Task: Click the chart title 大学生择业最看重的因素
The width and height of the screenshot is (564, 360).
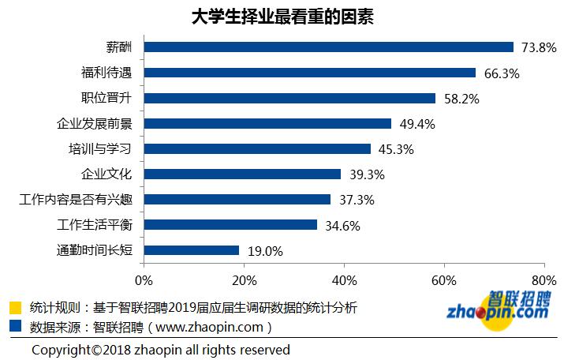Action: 282,17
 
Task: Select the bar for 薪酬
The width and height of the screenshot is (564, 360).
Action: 329,47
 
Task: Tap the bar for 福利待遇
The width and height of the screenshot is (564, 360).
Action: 310,73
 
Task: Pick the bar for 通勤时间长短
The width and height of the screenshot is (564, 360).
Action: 192,250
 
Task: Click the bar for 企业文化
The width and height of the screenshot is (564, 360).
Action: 243,174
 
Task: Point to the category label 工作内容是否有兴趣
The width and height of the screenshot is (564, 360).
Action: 77,200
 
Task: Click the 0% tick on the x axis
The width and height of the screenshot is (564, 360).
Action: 144,280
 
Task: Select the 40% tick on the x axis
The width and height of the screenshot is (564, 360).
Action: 344,280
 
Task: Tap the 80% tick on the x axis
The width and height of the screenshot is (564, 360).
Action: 543,280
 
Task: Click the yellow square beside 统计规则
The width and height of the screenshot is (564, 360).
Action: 15,307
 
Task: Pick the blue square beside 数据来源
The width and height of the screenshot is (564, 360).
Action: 15,324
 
